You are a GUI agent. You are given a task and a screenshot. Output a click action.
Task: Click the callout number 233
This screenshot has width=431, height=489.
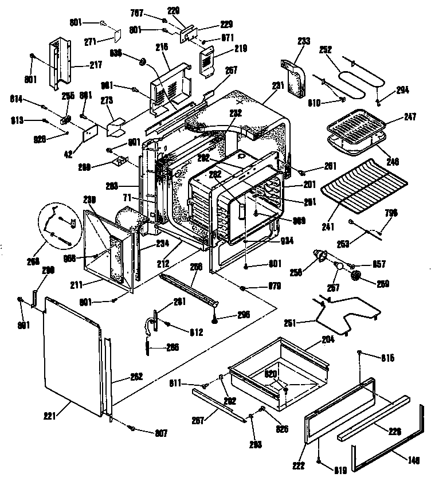[304, 41]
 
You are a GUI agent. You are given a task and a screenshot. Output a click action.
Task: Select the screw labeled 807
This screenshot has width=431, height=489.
[132, 428]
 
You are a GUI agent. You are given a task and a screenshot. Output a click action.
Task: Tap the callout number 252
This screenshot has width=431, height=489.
[326, 50]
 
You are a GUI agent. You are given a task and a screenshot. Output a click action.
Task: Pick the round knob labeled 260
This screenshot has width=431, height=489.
[357, 276]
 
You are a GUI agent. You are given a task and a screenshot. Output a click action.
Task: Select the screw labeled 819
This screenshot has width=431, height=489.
[319, 460]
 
